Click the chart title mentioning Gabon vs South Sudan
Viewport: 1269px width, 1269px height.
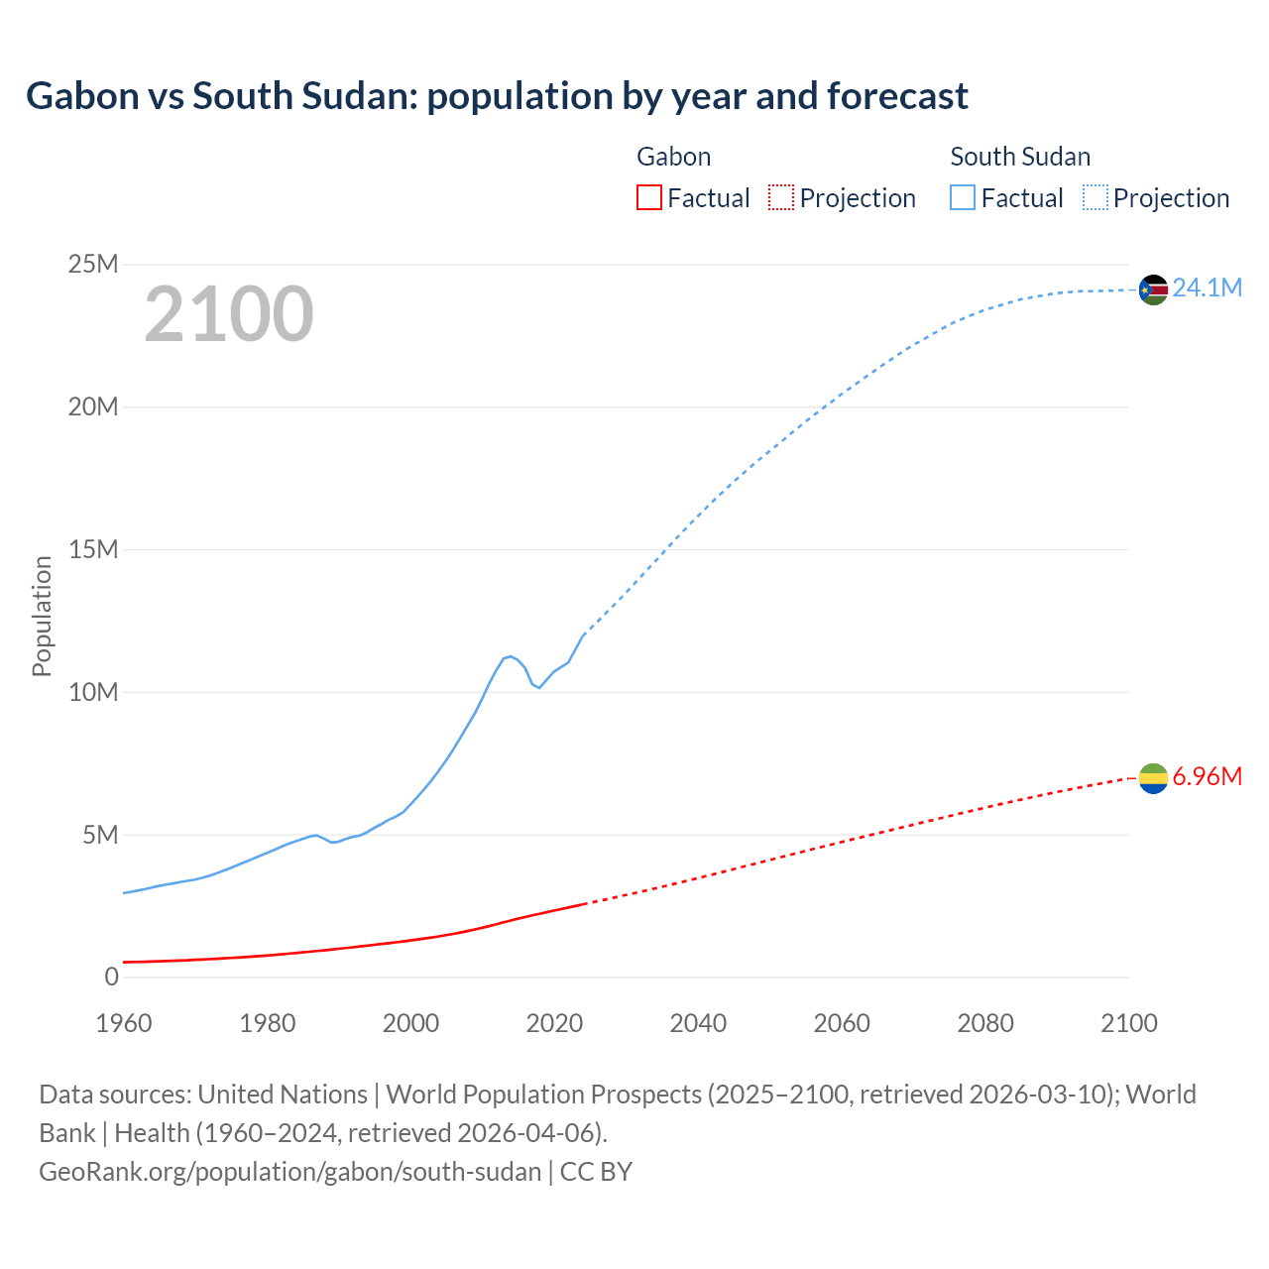497,96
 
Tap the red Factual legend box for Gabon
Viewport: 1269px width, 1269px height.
648,197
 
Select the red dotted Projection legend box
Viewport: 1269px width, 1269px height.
781,197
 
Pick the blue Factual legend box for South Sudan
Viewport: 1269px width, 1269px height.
963,197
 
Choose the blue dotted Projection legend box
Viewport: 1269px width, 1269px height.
1095,197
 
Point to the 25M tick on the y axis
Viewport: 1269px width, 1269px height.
93,264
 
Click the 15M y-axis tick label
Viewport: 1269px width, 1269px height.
93,549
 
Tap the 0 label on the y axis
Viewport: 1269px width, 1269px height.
111,977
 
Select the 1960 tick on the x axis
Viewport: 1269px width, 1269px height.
124,1023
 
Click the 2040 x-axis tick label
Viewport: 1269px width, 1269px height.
698,1023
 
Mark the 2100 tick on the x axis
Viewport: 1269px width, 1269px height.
1128,1023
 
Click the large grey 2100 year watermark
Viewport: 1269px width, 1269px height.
229,314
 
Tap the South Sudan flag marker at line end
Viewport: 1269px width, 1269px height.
1153,289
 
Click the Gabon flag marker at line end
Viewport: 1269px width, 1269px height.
1153,779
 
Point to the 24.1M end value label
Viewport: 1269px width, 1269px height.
1207,288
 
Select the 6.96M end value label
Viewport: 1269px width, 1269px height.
1207,776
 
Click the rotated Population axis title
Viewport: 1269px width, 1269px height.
42,616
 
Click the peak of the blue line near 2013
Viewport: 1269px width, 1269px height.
511,656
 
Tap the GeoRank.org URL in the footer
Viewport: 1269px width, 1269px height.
289,1172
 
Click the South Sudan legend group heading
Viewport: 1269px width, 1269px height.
1019,157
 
